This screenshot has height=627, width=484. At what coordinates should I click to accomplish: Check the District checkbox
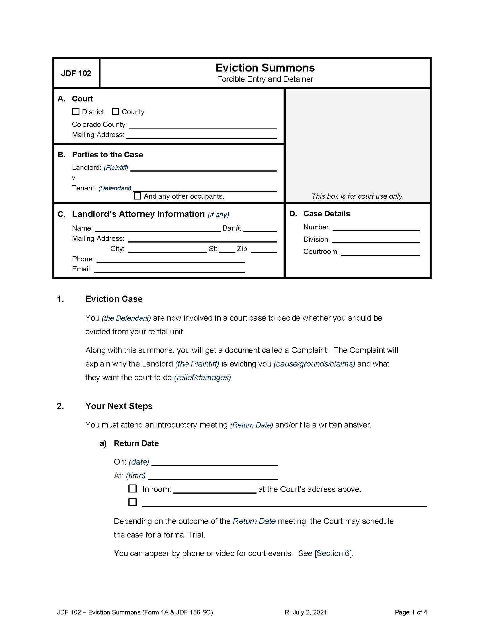[76, 112]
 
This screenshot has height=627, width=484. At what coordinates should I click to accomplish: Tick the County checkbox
[116, 112]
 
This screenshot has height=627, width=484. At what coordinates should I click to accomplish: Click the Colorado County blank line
[203, 125]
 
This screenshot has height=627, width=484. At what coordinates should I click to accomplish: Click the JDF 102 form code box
[76, 74]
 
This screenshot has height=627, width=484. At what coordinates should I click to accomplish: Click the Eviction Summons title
[265, 68]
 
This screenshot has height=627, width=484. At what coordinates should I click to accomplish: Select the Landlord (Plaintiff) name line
[204, 168]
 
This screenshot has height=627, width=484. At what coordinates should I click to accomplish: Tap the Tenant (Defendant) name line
[205, 189]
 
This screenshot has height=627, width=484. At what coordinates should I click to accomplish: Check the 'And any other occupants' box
[138, 196]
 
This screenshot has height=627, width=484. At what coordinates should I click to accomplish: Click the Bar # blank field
[260, 229]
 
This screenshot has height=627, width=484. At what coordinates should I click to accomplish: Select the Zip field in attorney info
[264, 249]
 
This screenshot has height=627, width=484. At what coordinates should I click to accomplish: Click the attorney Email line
[169, 270]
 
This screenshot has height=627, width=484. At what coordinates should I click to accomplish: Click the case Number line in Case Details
[376, 228]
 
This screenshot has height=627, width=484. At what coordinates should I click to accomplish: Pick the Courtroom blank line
[380, 252]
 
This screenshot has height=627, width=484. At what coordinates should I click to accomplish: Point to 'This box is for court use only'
[358, 196]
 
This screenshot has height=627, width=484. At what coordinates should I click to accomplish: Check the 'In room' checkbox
[132, 488]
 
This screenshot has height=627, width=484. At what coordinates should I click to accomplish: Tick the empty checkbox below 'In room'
[132, 502]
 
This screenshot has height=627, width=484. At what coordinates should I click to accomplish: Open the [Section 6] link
[333, 553]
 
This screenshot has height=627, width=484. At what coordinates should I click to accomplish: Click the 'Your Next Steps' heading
[119, 406]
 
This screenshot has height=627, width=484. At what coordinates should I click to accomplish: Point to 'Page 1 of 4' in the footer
[411, 612]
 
